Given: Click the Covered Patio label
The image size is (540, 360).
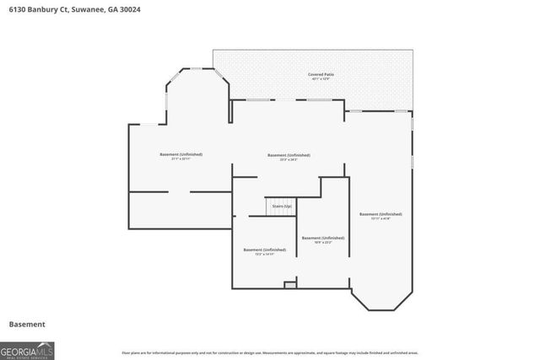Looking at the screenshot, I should coord(321,75).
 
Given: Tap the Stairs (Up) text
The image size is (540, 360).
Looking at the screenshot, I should coord(282,205).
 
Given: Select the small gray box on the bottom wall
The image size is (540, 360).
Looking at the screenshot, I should coord(290,286).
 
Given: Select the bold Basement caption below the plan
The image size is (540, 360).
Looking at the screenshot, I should coord(26,325).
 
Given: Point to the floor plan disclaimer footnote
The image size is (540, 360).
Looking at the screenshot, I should coord(270,352).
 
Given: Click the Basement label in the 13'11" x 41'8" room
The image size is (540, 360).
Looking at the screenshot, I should coord(381,214).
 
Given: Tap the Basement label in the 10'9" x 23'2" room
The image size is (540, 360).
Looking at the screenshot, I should coord(322,239).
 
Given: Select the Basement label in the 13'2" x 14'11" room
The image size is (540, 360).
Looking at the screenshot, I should coord(265,250).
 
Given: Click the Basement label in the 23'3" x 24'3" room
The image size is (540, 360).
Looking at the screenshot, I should coord(289,155).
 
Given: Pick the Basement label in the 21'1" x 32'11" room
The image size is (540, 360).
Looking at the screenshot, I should coord(181,154).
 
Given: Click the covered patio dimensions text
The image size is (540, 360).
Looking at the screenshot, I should coord(321,80).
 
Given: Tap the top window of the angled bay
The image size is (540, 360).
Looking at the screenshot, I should coord(197,68).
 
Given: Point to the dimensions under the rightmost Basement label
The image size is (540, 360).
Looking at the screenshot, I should coord(381,219).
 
